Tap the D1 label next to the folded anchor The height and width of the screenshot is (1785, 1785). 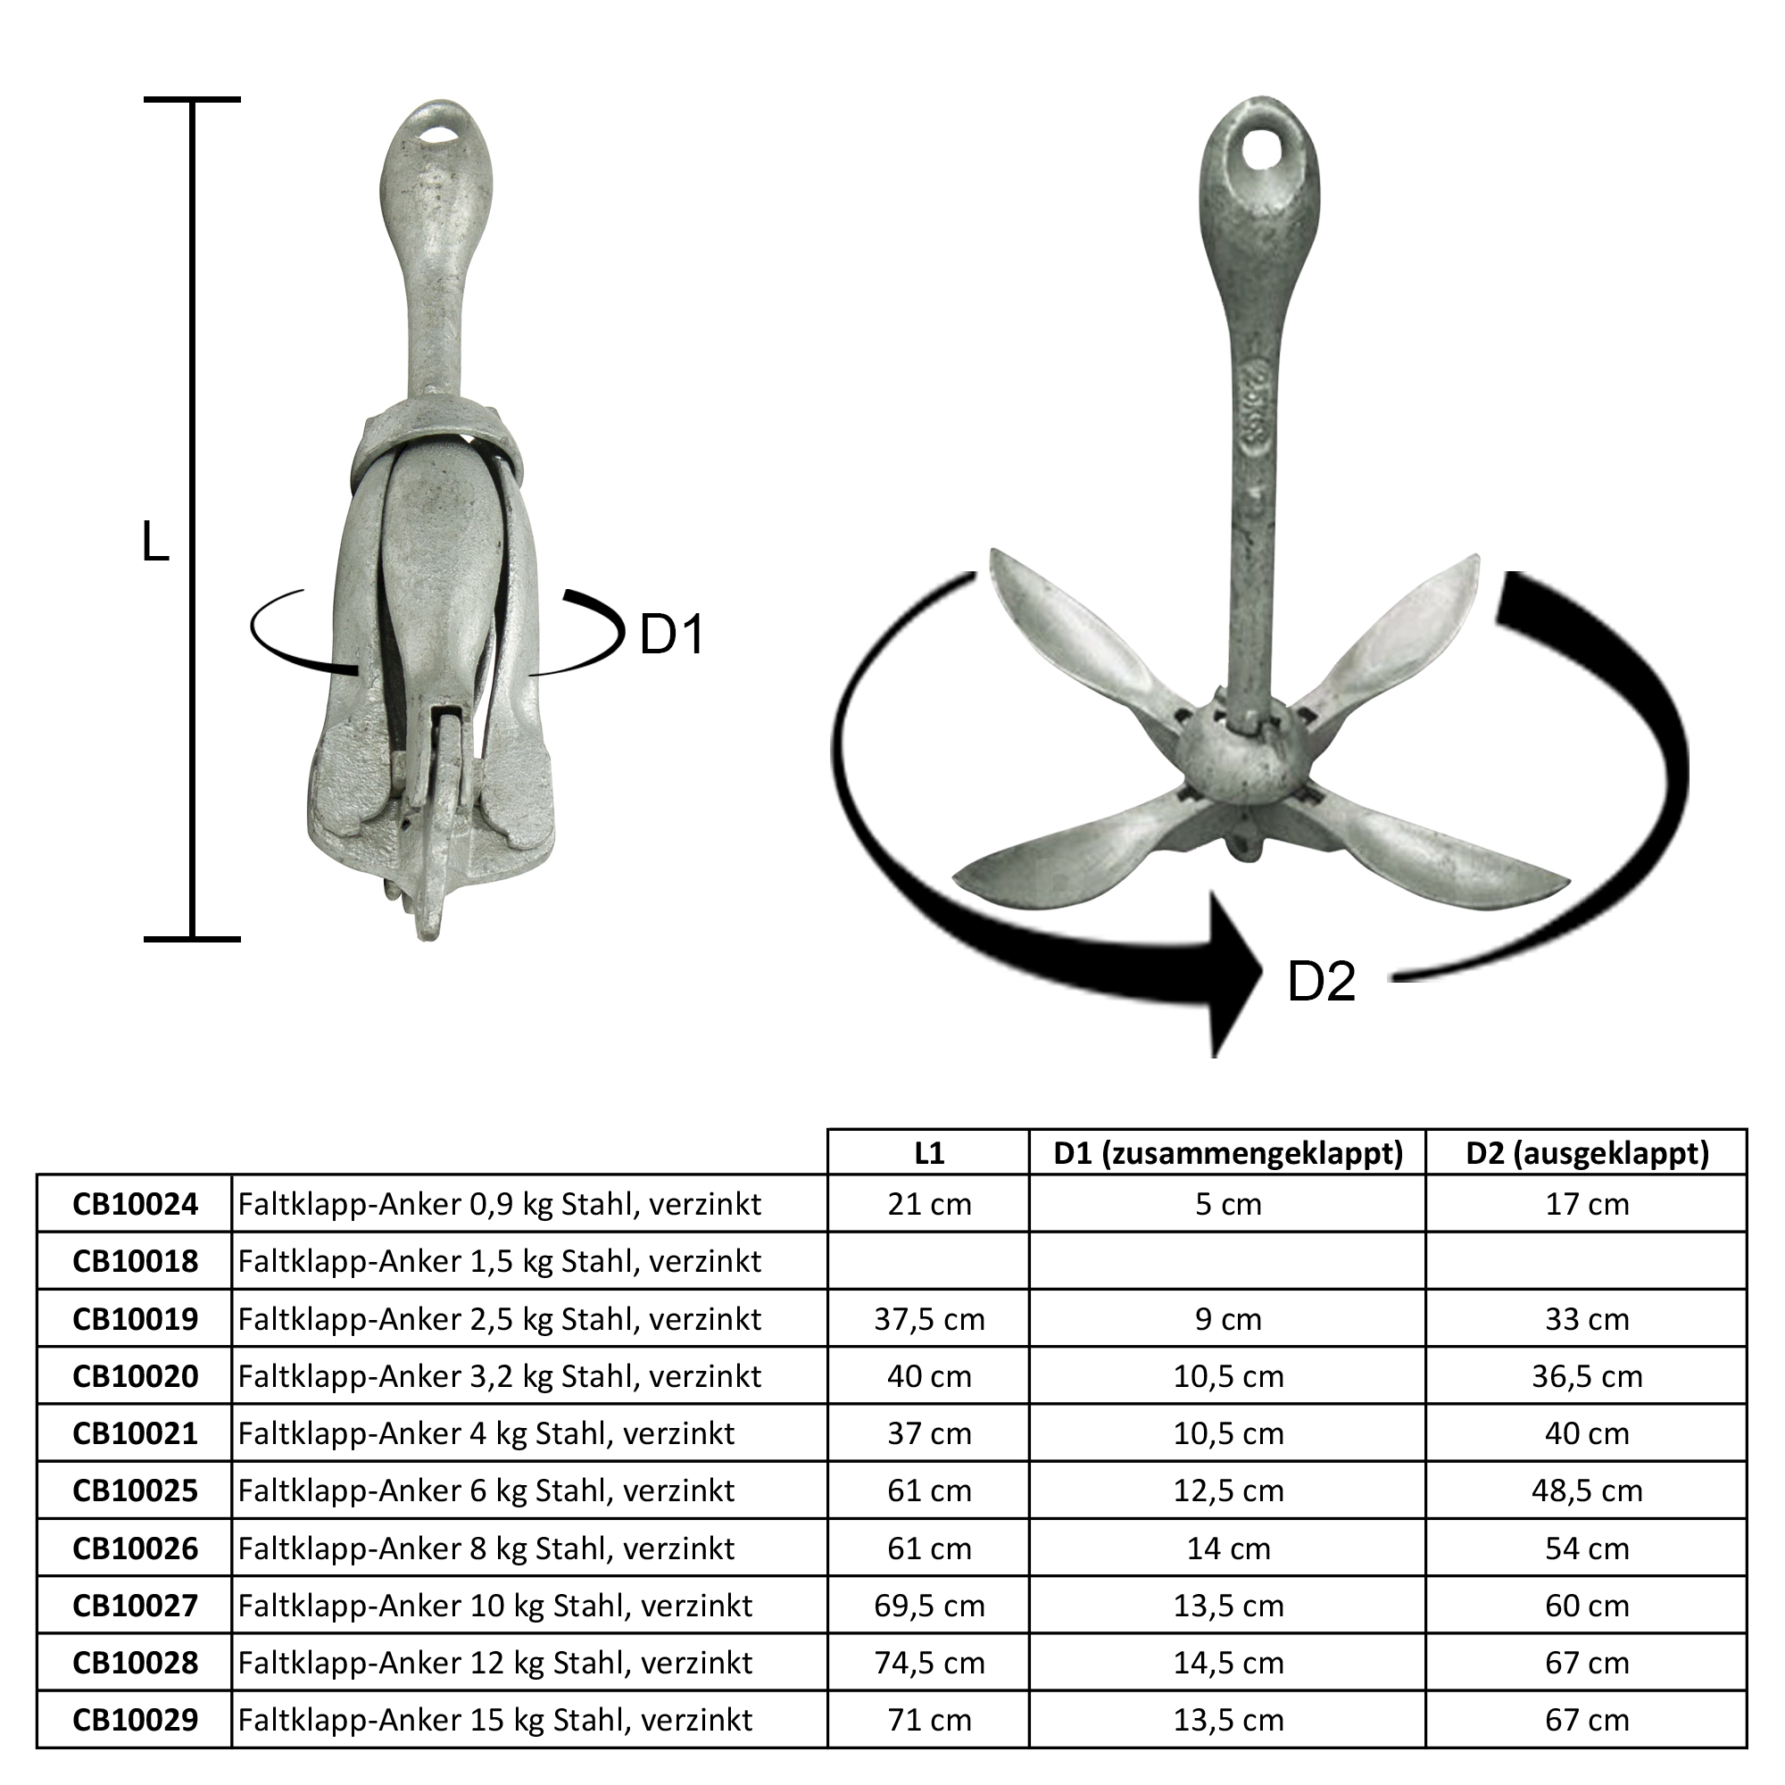[673, 635]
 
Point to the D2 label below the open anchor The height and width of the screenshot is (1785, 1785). [1322, 981]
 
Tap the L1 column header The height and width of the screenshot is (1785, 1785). [928, 1153]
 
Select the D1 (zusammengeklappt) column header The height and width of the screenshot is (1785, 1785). [1228, 1153]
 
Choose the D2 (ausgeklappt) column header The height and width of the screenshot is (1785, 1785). [1587, 1153]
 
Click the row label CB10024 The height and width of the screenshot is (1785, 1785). [135, 1204]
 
